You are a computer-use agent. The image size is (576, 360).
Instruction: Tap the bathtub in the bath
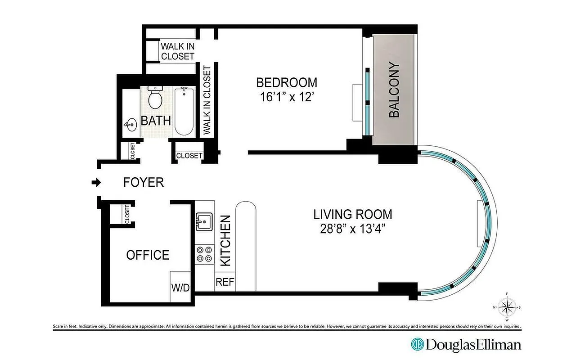pos(184,111)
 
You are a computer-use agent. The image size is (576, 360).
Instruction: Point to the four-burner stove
pos(204,254)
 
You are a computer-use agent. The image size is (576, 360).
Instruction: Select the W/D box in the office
pos(180,287)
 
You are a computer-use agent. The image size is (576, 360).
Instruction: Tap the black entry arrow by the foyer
pos(95,182)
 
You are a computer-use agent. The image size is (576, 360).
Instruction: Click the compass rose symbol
pos(507,308)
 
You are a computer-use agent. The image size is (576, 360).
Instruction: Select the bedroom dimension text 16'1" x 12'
pos(287,97)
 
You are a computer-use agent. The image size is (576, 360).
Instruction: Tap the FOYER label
pos(144,182)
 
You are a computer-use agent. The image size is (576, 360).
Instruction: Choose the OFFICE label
pos(148,255)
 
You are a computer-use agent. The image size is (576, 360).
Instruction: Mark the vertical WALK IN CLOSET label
pos(207,100)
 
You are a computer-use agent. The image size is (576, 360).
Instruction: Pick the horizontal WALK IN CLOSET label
pos(178,51)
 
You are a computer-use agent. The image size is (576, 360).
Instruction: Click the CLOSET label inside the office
pos(127,214)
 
